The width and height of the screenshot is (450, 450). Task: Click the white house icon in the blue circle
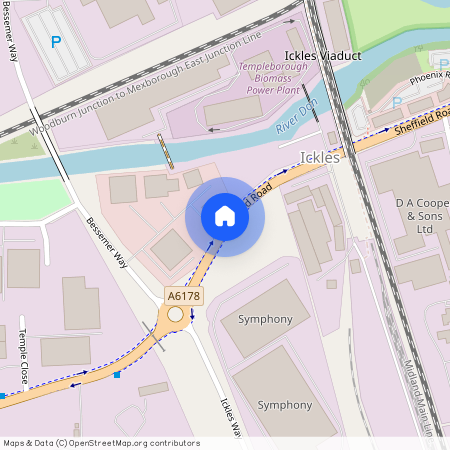click(225, 216)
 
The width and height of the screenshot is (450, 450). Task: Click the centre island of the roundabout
click(176, 314)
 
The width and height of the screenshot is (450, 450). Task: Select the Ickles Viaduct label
click(322, 55)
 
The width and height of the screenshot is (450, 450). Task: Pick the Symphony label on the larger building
click(286, 405)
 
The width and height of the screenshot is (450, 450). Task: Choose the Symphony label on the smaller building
click(265, 319)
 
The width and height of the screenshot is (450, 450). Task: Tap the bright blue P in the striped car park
click(56, 43)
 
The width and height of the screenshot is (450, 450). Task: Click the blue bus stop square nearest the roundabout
click(117, 375)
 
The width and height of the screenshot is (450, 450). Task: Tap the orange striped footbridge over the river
click(166, 150)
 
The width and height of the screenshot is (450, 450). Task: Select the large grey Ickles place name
click(320, 157)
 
